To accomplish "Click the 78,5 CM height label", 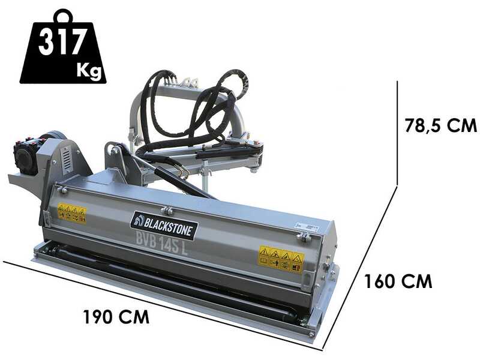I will [440, 126].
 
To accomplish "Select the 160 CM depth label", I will [398, 281].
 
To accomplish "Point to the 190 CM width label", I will [116, 316].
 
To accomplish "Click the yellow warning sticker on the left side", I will [72, 212].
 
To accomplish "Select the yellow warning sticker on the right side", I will [281, 259].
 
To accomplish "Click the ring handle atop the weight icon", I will [62, 16].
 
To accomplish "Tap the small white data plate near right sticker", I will [308, 228].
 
